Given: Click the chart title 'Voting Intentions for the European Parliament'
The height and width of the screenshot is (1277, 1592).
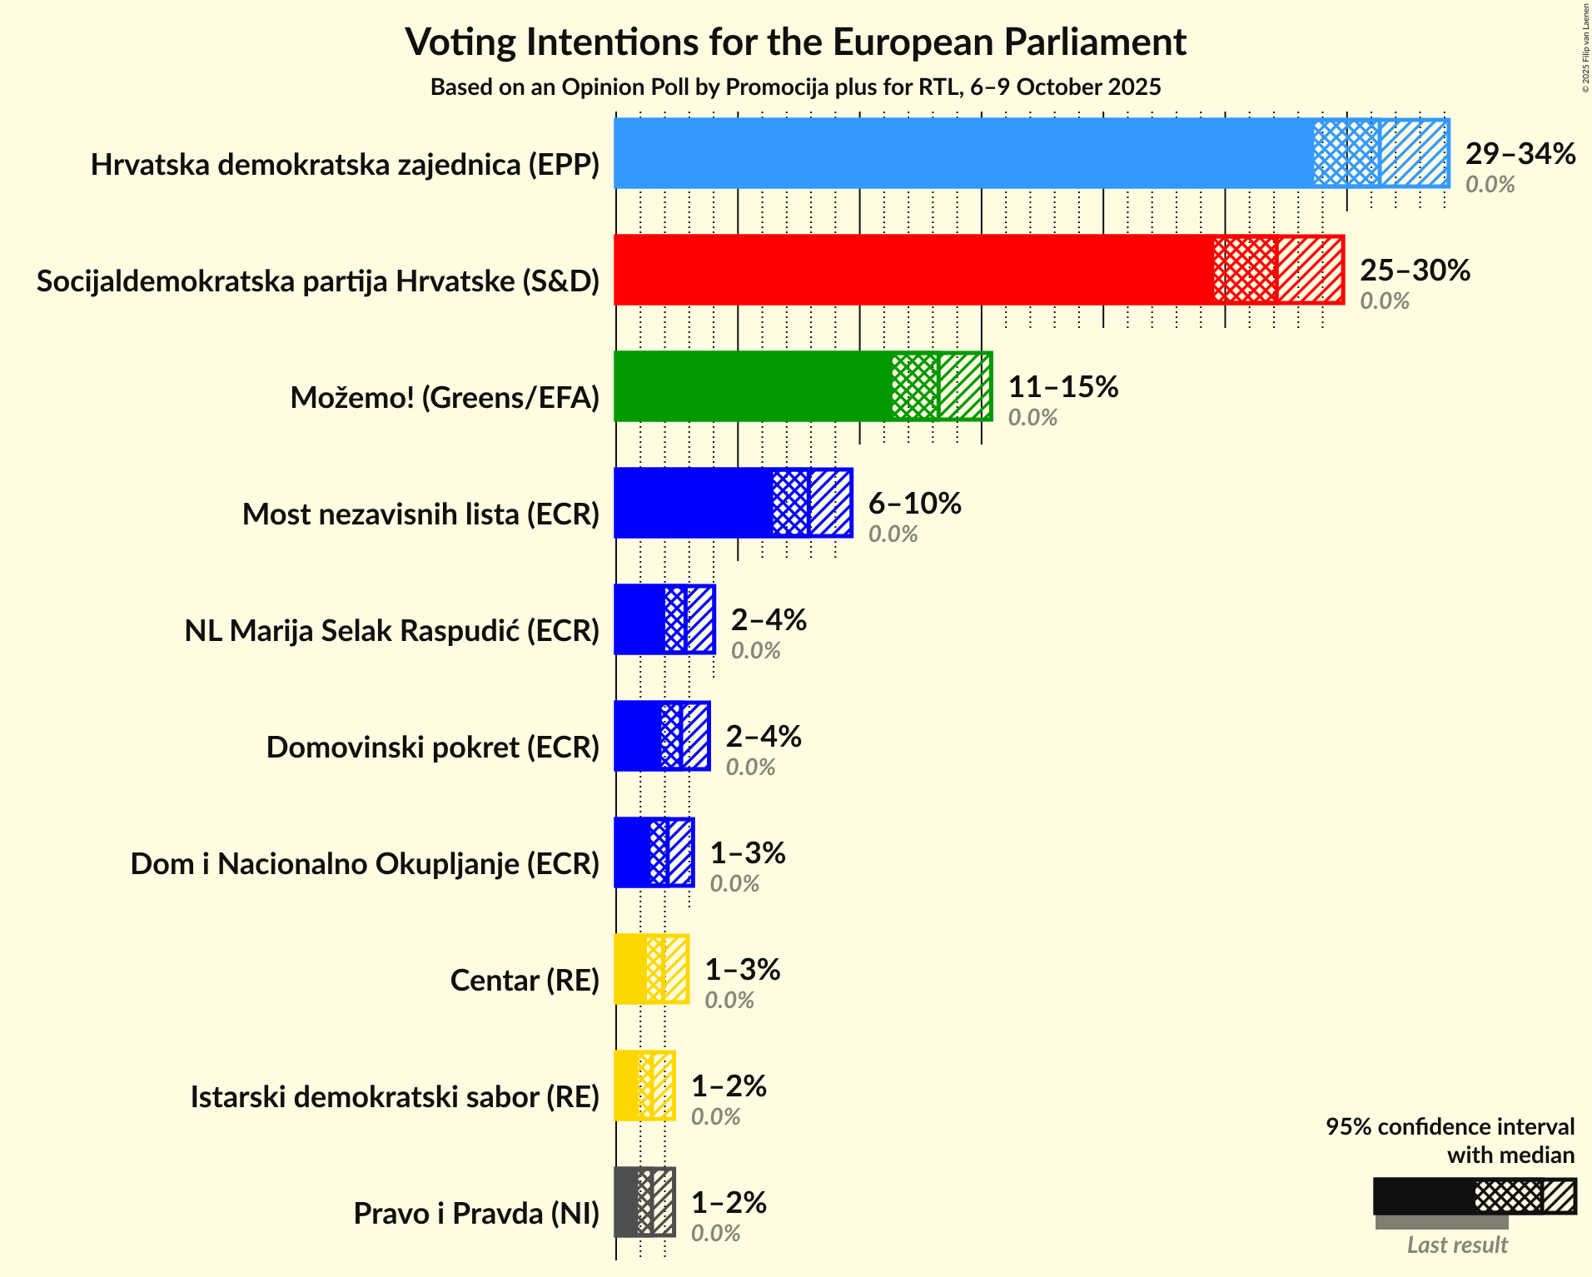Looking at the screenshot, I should coord(795,42).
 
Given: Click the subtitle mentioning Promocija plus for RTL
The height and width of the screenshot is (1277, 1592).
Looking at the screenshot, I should coord(795,87).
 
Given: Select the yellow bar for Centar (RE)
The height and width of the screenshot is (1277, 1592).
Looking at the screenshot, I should coord(630,969).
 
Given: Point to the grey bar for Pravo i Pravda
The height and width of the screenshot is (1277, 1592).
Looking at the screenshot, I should coord(626,1202).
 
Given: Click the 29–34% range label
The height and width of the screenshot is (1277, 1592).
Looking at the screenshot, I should coord(1520,154).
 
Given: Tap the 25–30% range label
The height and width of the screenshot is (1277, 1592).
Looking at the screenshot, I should coord(1415,271).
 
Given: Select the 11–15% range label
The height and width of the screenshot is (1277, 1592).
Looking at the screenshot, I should coord(1062,387).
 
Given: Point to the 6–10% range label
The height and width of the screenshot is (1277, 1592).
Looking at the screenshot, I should coord(914,504).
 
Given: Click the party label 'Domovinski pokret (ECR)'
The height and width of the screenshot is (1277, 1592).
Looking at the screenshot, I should coord(432,748).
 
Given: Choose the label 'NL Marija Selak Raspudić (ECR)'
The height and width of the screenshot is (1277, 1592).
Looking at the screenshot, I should coord(391,631).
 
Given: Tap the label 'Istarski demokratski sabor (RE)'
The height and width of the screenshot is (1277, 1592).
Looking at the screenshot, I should coord(395,1097).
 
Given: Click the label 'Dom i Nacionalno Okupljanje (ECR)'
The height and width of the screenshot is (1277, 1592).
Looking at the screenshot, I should coord(365,864).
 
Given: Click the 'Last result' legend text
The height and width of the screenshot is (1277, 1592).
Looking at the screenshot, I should coord(1456,1245).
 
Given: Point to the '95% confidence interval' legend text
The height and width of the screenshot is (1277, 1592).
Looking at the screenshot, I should coord(1450,1127).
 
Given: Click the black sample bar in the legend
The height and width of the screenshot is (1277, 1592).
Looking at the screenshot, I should coord(1423,1196).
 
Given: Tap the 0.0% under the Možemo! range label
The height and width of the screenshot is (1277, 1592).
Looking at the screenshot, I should coord(1032,417).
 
